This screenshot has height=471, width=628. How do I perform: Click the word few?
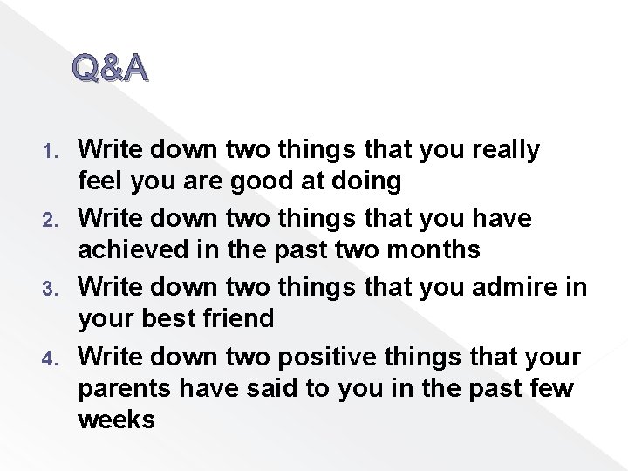tap(548, 386)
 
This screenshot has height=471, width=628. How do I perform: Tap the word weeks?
tap(116, 420)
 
